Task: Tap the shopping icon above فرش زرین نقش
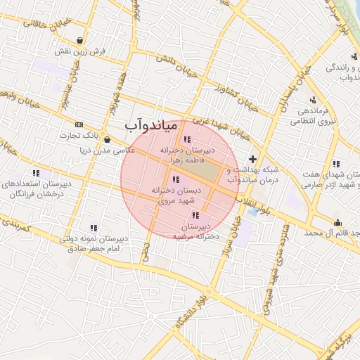point(82,40)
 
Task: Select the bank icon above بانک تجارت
point(78,124)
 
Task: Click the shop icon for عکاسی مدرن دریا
point(106,139)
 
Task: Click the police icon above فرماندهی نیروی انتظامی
point(313,99)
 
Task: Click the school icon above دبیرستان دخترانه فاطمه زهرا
point(186,139)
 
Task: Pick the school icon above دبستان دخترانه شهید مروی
point(175,179)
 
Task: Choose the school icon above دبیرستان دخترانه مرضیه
point(195,215)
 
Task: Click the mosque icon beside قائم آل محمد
point(337,223)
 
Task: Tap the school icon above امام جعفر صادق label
point(93,227)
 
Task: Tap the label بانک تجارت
point(77,136)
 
